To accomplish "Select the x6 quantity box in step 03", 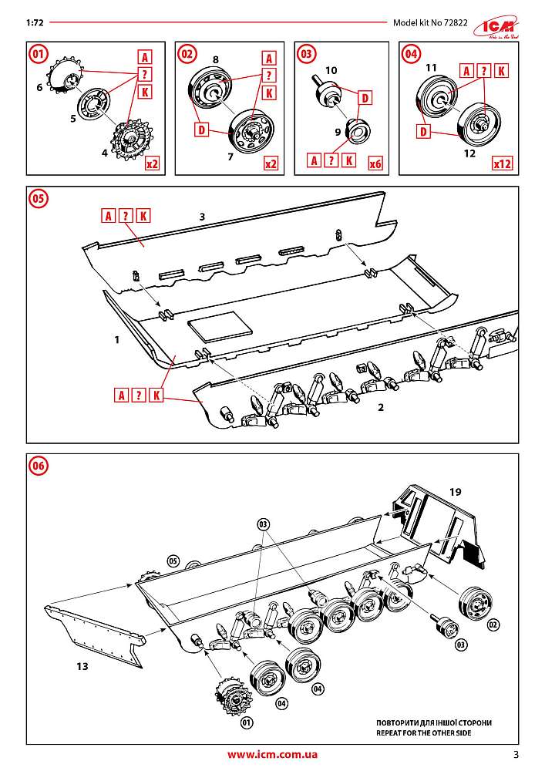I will (376, 163).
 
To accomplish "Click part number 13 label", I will (82, 665).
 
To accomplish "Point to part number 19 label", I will (456, 490).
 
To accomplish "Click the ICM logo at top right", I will (502, 24).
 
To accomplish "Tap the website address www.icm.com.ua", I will (272, 755).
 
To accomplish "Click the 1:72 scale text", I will (34, 22).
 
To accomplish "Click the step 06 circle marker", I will (38, 465).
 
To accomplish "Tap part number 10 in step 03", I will (331, 69).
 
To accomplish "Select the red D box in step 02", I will (201, 130).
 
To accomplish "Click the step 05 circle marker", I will (38, 198).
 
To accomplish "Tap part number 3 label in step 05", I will (201, 218).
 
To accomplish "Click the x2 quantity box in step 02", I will (271, 163).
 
